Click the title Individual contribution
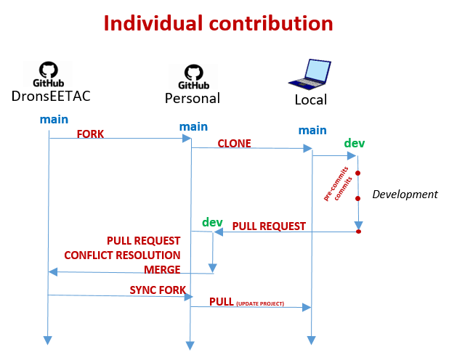218,23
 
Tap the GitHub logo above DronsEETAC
49,74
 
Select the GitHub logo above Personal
193,76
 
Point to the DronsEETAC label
51,96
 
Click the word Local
311,100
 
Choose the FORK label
90,134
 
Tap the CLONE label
234,144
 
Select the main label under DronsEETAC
54,119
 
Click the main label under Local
312,130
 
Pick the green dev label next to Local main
355,143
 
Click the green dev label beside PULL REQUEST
212,222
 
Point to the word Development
405,195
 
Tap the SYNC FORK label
158,290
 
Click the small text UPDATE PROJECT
260,303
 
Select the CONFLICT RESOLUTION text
122,255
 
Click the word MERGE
162,269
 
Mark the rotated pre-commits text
336,184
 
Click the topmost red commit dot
357,173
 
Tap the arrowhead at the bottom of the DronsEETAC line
47,340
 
